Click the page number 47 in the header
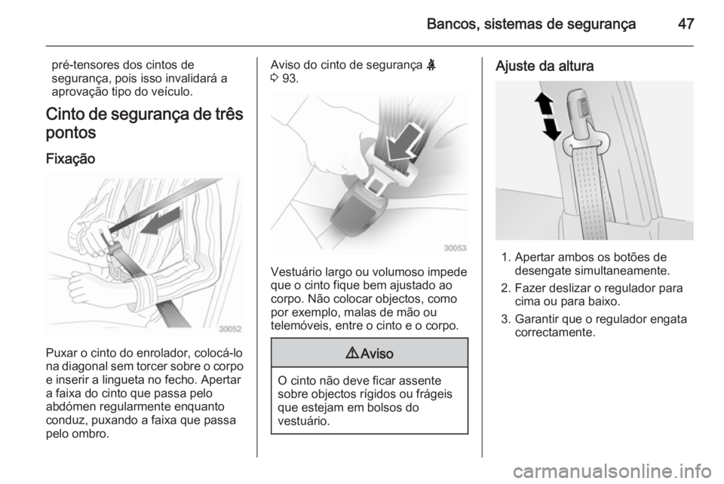tap(686, 23)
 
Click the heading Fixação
tap(70, 159)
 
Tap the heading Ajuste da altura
tap(545, 66)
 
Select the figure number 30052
tap(230, 329)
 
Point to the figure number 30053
tap(455, 248)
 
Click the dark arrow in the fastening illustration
tap(159, 222)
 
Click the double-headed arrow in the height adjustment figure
tap(548, 116)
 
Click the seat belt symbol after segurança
tap(431, 65)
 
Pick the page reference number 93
tap(290, 78)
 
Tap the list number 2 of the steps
tap(505, 289)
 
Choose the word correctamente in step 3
tap(555, 332)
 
